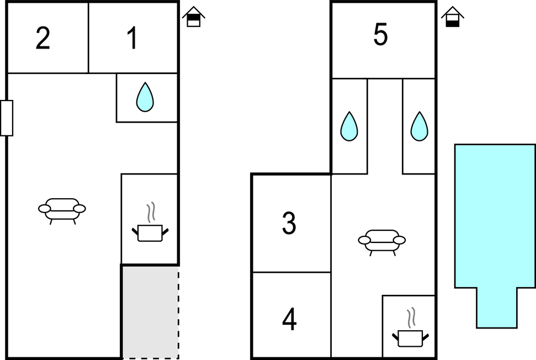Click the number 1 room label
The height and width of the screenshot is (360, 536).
coord(132,38)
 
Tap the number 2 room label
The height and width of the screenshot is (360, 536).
coord(43,38)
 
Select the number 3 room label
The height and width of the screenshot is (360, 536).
coord(289,223)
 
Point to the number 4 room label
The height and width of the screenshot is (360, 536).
coord(289,319)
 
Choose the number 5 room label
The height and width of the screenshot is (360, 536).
coord(380,35)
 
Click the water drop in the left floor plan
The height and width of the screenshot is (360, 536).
coord(145,97)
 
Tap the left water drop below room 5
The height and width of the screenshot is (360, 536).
coord(349,126)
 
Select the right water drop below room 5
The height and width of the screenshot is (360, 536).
coord(420,126)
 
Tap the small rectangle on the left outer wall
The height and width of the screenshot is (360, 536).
coord(7,118)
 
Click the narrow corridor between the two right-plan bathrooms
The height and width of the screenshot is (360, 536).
coord(385,126)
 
